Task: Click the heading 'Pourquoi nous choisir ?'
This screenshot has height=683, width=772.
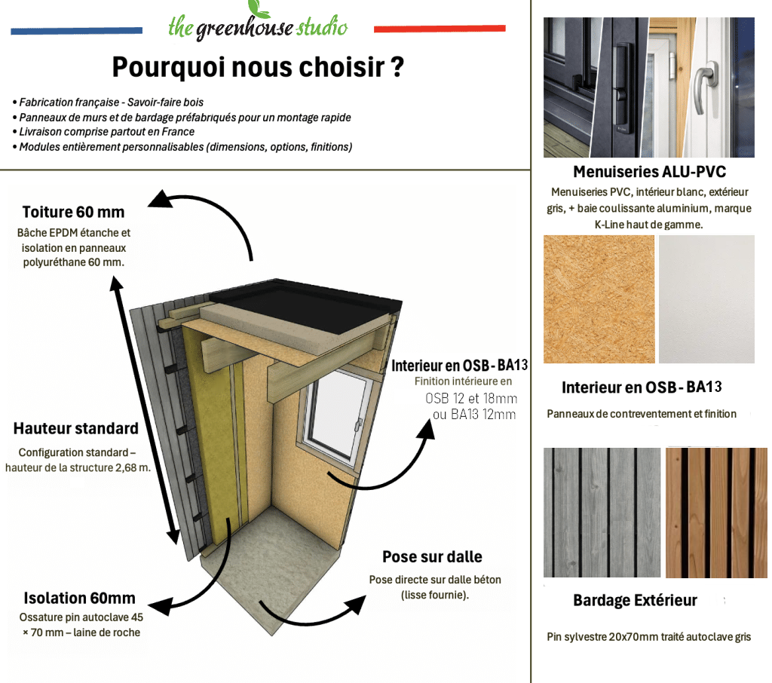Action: coord(258,67)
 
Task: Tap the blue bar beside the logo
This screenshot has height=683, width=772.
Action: coord(76,31)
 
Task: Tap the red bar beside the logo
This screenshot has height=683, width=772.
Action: coord(440,29)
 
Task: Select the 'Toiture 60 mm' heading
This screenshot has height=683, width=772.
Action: coord(73,212)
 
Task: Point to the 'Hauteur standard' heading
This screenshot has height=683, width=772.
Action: coord(76,428)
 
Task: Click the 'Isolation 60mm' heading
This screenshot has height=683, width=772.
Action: coord(79,598)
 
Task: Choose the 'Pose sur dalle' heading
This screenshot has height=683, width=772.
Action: coord(432,556)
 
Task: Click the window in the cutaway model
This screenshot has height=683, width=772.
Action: coord(335,416)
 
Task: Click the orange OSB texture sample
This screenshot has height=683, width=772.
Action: coord(599,299)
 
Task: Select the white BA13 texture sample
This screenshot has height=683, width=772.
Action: coord(706,299)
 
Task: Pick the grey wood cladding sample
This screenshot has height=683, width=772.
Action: coord(602,512)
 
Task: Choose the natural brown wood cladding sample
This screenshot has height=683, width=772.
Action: coord(716,512)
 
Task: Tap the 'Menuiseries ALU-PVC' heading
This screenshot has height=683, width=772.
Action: coord(649,171)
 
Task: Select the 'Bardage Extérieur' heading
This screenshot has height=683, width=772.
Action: coord(635,600)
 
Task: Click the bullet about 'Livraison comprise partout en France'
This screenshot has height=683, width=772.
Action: coord(103,131)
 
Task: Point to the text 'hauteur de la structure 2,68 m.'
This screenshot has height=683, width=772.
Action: coord(78,467)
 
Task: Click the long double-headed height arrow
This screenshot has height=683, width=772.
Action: coord(145,410)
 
